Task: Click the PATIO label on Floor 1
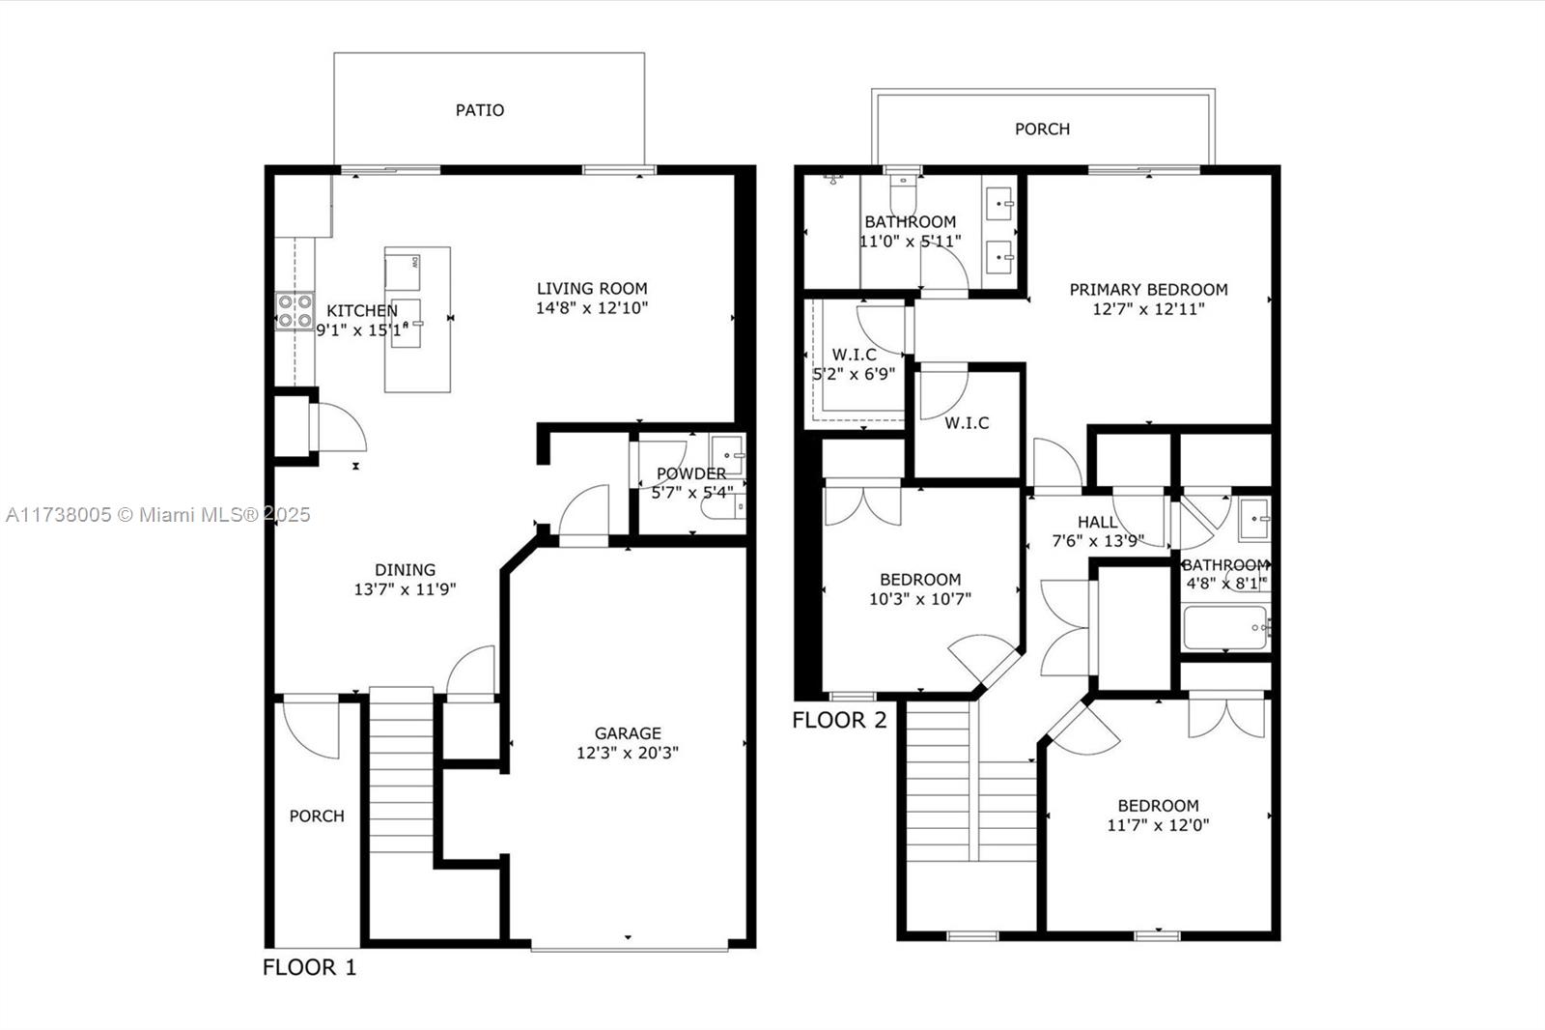click(479, 110)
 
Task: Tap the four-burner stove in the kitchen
click(295, 311)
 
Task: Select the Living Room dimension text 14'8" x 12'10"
click(592, 308)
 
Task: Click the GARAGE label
click(628, 733)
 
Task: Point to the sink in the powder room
click(728, 455)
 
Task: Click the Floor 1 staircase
click(402, 770)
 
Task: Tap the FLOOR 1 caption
click(310, 967)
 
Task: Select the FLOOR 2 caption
click(839, 720)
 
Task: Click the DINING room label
click(405, 569)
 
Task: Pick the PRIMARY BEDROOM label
click(1148, 289)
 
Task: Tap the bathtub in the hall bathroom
click(1225, 627)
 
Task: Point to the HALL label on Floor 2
click(1097, 522)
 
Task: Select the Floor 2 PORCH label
click(1042, 129)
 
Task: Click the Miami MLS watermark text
click(158, 515)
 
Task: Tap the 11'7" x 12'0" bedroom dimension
click(1158, 825)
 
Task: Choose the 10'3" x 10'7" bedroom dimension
click(920, 598)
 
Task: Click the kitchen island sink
click(407, 323)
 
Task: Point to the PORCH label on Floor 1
click(317, 816)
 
